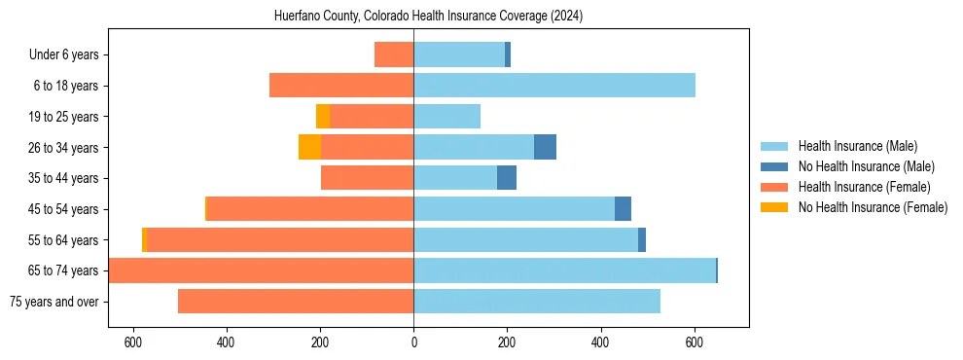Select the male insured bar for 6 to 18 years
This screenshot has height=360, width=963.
tap(554, 86)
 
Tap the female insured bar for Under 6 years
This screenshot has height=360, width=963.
tap(394, 54)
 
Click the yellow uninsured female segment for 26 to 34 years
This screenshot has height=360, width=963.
tap(309, 147)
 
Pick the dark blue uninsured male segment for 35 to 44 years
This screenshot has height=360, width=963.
tap(507, 178)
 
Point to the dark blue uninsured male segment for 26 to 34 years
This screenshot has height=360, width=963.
tap(545, 147)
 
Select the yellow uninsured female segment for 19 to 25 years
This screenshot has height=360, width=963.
tap(323, 117)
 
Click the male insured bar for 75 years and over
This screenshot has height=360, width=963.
tap(537, 302)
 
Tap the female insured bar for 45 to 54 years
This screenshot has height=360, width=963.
tap(310, 209)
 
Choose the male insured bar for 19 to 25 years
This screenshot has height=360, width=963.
tap(447, 117)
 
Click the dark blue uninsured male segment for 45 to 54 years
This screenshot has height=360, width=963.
tap(623, 209)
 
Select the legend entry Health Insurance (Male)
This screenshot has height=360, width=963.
tap(856, 146)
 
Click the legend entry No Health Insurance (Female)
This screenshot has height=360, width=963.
tap(873, 207)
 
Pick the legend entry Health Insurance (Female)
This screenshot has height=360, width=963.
tap(864, 187)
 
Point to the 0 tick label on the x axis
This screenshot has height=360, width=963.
tap(413, 343)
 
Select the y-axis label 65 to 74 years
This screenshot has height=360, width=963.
tap(65, 270)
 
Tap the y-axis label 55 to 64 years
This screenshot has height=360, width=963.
tap(65, 240)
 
